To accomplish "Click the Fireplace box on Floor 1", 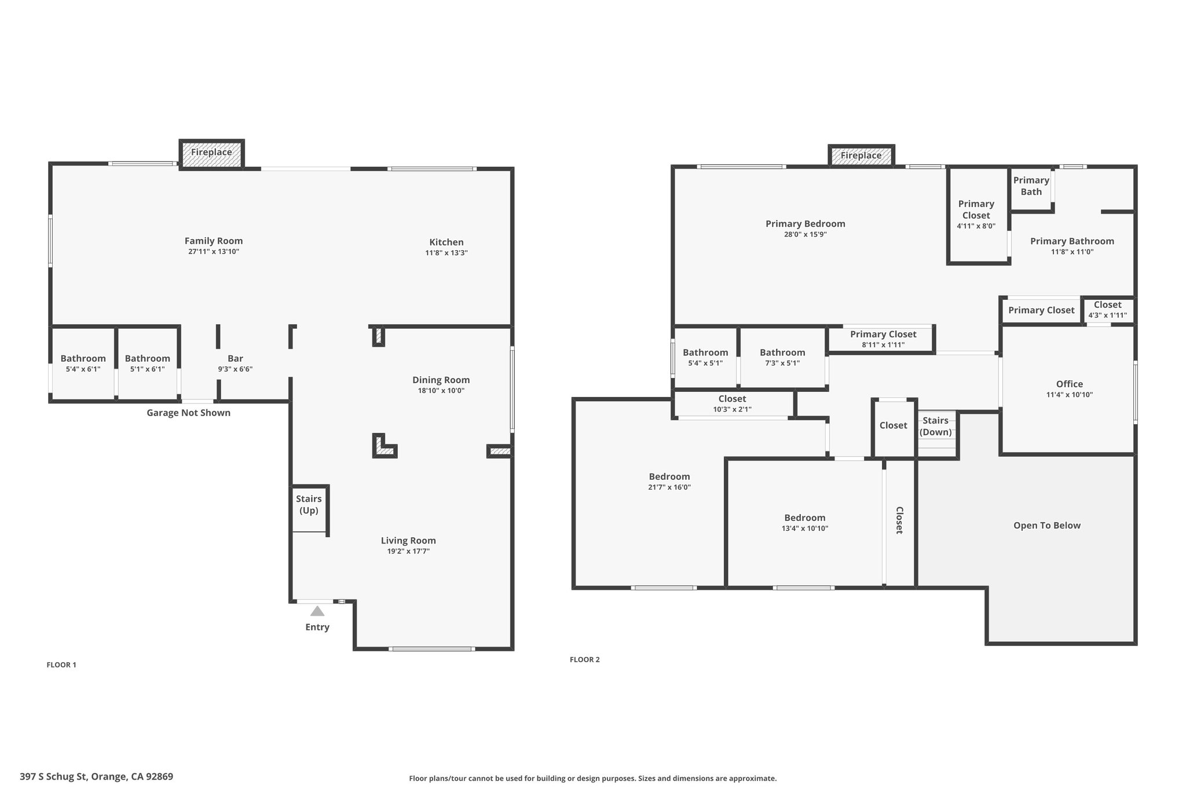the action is click(211, 154).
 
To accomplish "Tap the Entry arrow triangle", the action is click(317, 611).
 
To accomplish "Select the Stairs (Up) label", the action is click(309, 505).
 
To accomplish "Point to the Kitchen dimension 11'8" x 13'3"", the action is click(446, 253).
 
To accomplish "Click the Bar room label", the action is click(235, 358).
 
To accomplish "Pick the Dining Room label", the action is click(441, 380).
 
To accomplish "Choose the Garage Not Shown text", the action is click(189, 413).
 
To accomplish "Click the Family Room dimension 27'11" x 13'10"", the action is click(214, 252).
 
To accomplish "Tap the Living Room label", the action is click(408, 541).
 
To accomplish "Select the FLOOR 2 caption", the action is click(585, 660).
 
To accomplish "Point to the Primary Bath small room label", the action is click(1031, 186).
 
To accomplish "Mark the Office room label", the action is click(1070, 384).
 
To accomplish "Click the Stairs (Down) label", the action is click(936, 426).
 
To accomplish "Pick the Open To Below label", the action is click(1047, 526).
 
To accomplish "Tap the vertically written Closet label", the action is click(899, 520).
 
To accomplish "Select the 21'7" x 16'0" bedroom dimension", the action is click(669, 487).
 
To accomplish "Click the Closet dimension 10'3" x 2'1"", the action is click(733, 409).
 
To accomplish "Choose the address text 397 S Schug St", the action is click(54, 777).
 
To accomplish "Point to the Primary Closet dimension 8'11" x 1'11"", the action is click(883, 345).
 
